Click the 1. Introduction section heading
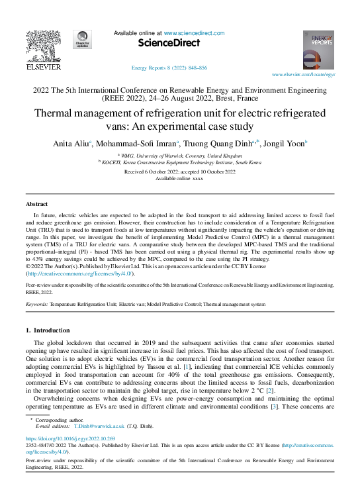51,329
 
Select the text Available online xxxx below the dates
179,179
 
